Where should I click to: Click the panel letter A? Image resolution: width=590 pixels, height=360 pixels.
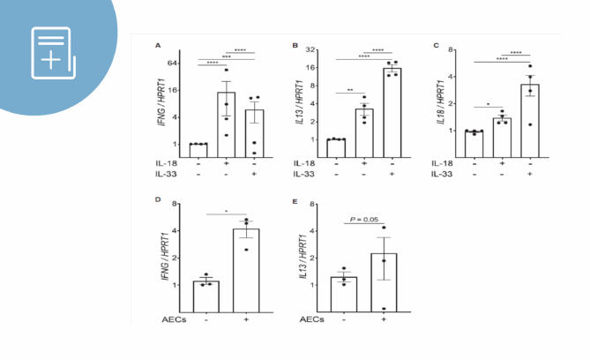[x=158, y=45]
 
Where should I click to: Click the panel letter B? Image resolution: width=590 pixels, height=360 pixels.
[x=295, y=45]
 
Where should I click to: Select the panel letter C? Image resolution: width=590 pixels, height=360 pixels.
[x=434, y=45]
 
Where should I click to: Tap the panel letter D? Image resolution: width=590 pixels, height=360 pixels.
[x=158, y=200]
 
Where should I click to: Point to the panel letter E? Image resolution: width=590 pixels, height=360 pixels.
[x=295, y=200]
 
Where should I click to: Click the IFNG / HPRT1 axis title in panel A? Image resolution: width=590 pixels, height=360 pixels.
[x=161, y=104]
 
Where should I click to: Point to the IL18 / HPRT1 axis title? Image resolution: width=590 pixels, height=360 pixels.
[x=438, y=104]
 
